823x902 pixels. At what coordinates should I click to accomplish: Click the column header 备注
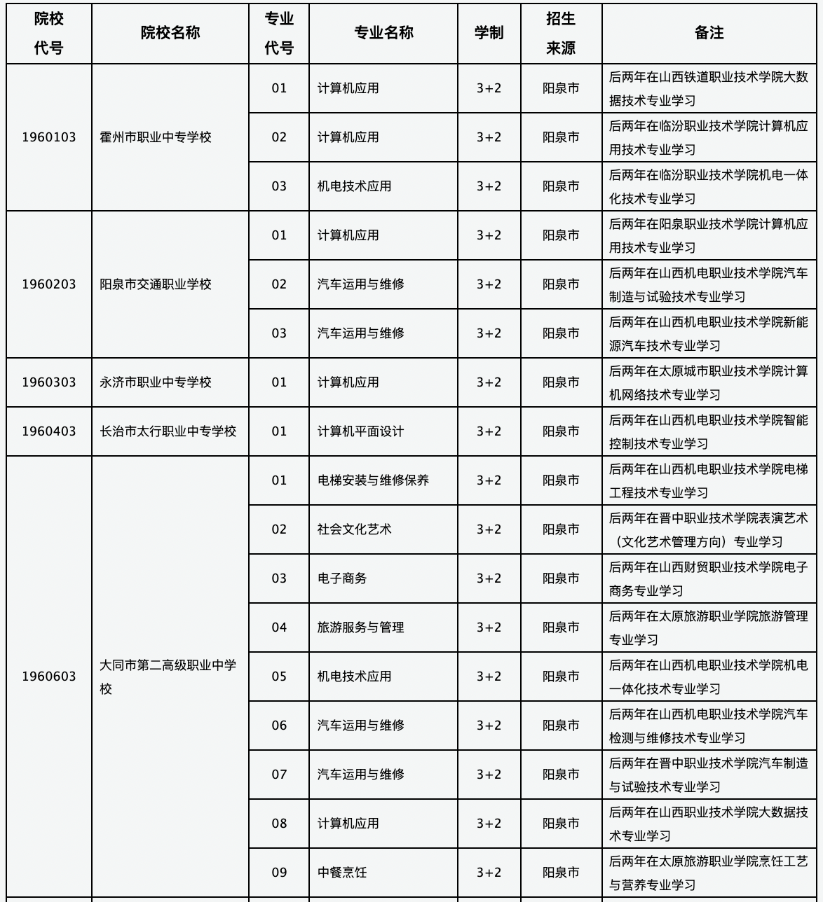(x=709, y=33)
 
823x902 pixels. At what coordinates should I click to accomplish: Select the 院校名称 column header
(x=170, y=33)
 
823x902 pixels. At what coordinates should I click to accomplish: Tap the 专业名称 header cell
(x=383, y=33)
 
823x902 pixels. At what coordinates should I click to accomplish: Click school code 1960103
(x=49, y=137)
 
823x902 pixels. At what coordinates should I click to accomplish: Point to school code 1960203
(x=49, y=284)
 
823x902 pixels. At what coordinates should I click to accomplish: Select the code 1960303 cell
(x=49, y=382)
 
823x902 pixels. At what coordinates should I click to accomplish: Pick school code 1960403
(x=49, y=431)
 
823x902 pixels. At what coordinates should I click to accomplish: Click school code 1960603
(x=49, y=676)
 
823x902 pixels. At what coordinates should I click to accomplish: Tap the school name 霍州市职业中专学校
(x=155, y=137)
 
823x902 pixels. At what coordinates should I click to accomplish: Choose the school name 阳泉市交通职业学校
(x=155, y=284)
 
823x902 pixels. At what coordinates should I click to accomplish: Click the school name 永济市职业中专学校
(x=155, y=382)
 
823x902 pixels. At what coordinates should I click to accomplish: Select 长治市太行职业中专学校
(x=168, y=431)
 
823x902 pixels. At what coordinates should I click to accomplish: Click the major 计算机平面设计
(x=360, y=431)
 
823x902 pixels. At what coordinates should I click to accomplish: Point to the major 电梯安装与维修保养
(x=373, y=480)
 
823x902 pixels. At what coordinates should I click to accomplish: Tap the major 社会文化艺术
(x=354, y=529)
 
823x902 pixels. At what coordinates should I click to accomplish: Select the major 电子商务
(x=342, y=578)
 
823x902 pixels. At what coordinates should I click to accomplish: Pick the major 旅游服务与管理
(x=360, y=627)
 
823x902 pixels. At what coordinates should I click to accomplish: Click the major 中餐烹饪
(x=342, y=873)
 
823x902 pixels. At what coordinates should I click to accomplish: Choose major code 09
(x=279, y=873)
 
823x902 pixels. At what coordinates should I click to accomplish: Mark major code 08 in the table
(x=279, y=824)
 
